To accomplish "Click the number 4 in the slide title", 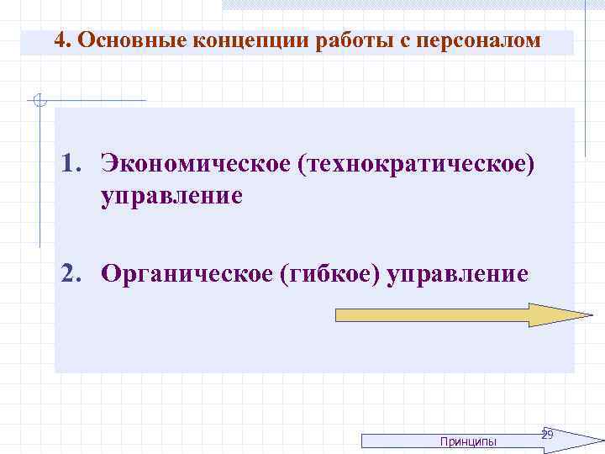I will (x=59, y=40).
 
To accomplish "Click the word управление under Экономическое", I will (x=172, y=197).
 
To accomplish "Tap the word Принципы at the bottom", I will (x=468, y=441).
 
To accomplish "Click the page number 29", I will (x=547, y=435).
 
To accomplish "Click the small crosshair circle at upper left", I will (x=37, y=102).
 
